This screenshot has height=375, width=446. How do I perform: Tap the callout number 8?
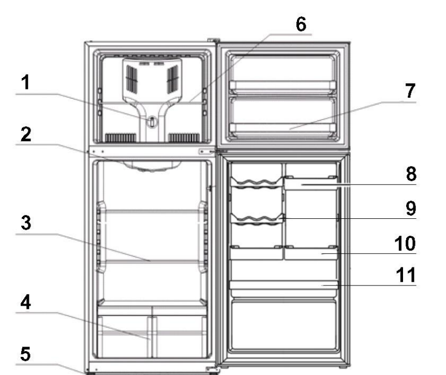pos(410,174)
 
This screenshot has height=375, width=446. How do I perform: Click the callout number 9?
pos(410,208)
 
